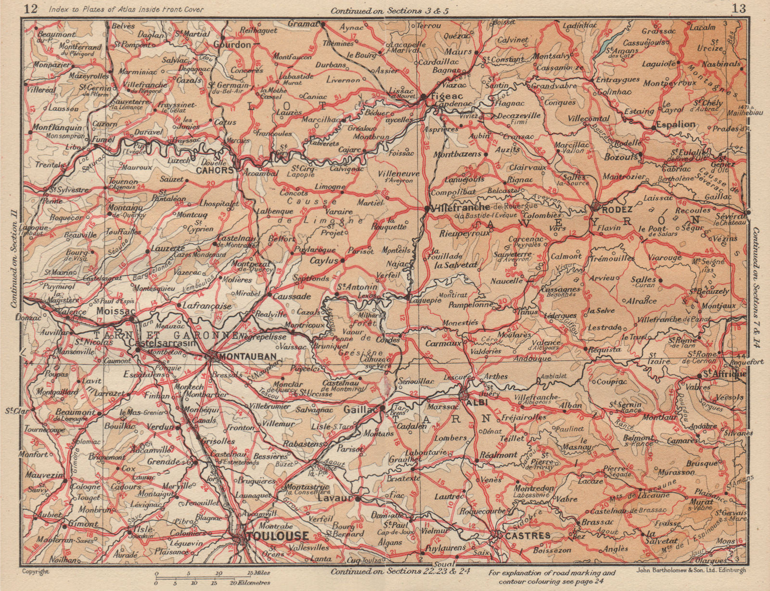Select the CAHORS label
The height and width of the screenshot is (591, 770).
pos(214,170)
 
